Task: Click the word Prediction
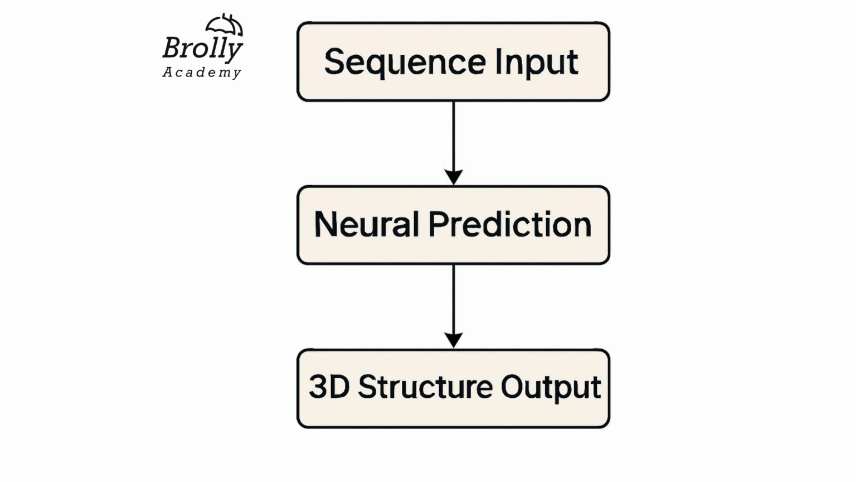(x=509, y=224)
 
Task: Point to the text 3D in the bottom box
(x=329, y=387)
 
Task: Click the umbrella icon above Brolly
(x=224, y=25)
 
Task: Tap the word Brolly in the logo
(x=202, y=48)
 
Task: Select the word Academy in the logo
(x=202, y=73)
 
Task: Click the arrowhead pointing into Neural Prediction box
(x=454, y=177)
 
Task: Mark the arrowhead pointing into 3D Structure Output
(x=454, y=340)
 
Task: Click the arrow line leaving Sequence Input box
(x=454, y=134)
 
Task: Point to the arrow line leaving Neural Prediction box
(x=454, y=298)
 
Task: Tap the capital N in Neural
(x=325, y=224)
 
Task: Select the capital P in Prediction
(x=438, y=224)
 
